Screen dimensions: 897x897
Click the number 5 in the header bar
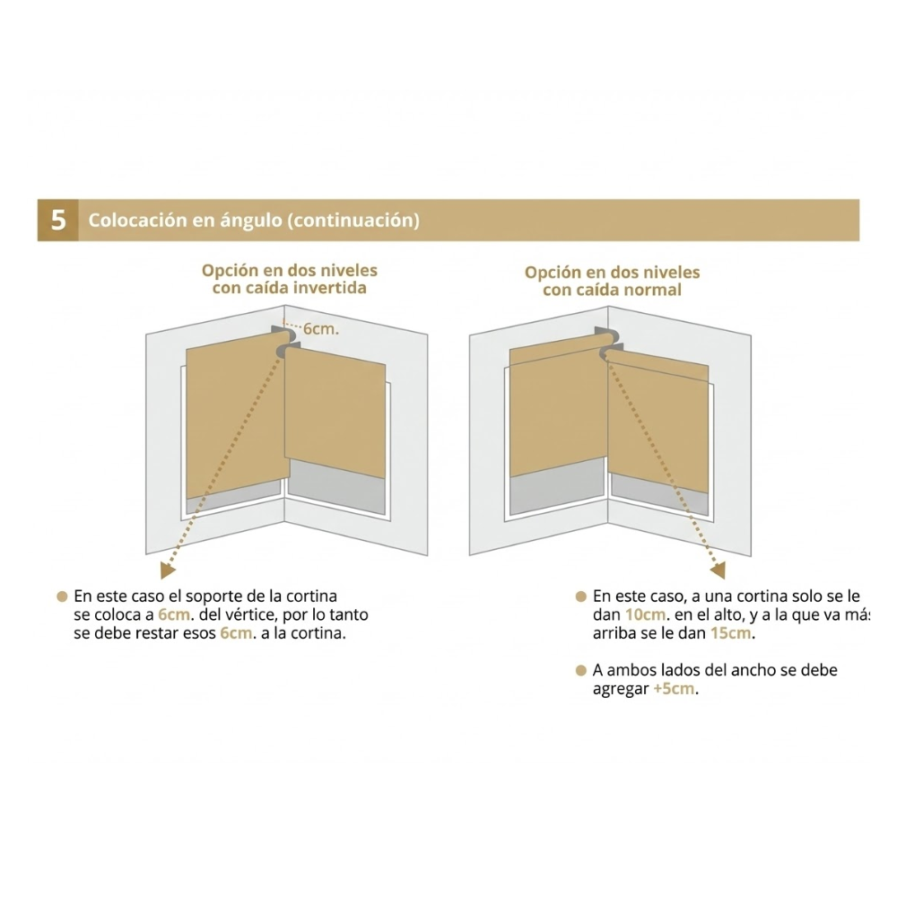point(58,221)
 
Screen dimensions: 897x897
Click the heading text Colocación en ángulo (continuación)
point(254,221)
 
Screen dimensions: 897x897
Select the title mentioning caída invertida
point(290,279)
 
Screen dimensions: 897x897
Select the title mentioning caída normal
point(612,281)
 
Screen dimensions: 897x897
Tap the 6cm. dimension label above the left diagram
point(321,329)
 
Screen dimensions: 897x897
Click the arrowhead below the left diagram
point(167,570)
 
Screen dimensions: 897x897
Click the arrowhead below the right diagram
point(718,570)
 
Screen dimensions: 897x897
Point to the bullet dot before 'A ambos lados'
point(580,670)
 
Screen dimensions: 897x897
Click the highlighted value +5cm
point(675,689)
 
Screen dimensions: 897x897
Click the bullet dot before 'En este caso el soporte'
point(62,597)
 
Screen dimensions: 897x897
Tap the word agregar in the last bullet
point(621,690)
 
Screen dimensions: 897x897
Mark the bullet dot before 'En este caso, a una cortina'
point(580,597)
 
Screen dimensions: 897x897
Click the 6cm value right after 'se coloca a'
point(175,615)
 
